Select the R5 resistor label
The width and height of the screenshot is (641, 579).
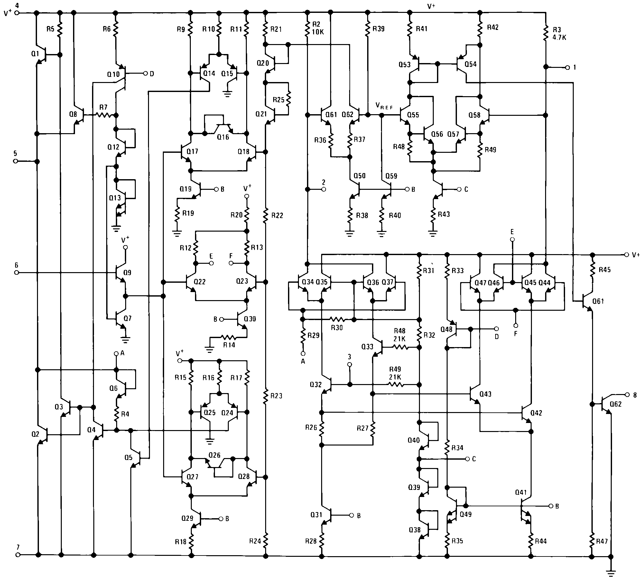(x=50, y=29)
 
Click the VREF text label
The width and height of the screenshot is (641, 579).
(x=384, y=107)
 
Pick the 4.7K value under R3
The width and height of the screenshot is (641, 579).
(x=560, y=37)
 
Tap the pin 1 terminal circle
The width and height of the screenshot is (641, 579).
(x=567, y=68)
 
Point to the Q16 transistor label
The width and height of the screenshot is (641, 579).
(x=223, y=137)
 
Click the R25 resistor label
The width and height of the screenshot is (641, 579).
(x=279, y=100)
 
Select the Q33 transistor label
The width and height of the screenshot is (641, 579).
(x=367, y=346)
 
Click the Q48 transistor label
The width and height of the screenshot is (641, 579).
(x=446, y=329)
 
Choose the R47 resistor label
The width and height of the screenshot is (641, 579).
(x=602, y=541)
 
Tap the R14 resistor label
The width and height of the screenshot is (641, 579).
(x=229, y=345)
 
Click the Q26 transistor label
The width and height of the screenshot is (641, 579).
(x=214, y=455)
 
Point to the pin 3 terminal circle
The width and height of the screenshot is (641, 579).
(x=350, y=365)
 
